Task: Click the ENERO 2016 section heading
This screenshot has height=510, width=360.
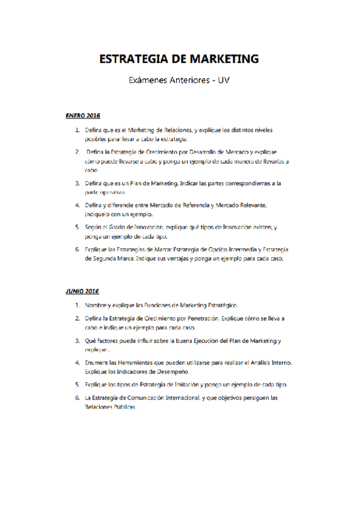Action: (x=82, y=114)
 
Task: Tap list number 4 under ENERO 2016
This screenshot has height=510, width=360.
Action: (x=78, y=205)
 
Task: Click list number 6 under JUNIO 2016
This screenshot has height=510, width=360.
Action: (x=78, y=398)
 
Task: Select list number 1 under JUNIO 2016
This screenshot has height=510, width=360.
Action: (x=78, y=306)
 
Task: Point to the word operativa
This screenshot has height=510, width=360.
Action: (x=112, y=192)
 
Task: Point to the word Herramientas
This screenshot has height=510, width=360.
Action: (x=146, y=363)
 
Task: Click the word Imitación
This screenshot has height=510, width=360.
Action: (x=188, y=384)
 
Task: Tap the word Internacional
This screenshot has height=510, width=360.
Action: (x=190, y=398)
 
